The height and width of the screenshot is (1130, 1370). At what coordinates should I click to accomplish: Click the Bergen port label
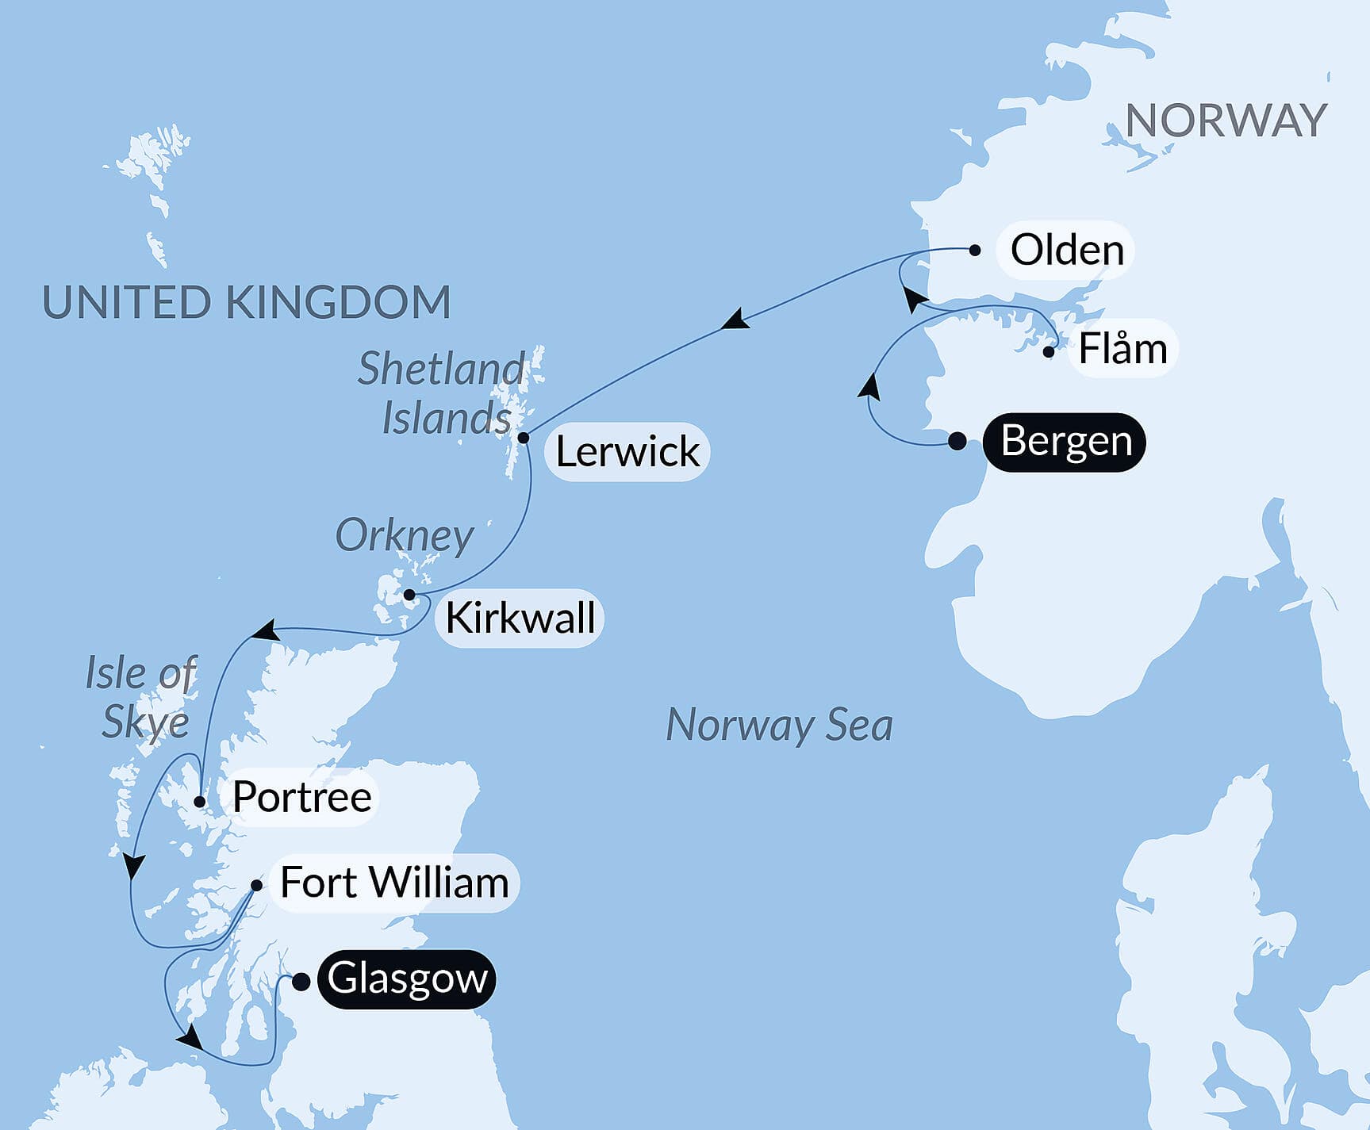coord(1065,442)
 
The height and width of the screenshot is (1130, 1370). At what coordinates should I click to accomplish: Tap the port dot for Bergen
coord(957,442)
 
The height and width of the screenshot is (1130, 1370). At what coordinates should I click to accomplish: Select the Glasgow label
coord(407,979)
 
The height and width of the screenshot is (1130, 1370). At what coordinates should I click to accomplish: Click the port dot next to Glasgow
coord(301,983)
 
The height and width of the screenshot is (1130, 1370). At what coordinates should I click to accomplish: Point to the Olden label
coord(1066,251)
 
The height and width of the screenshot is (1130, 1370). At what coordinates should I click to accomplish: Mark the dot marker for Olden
coord(975,250)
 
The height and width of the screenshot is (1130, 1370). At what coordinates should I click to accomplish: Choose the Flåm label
coord(1122,349)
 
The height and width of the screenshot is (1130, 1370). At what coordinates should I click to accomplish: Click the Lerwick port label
coord(627,452)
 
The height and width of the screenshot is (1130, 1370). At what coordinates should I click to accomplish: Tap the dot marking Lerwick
coord(524,438)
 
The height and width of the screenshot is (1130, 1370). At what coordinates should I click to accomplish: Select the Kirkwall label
coord(520,619)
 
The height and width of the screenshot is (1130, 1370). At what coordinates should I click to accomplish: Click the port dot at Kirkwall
coord(409,595)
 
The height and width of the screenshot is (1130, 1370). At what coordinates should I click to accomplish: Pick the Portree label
coord(301,797)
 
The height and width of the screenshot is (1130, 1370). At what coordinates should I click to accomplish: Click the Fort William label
coord(394,883)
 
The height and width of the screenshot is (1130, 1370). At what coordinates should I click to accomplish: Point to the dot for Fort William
coord(256,885)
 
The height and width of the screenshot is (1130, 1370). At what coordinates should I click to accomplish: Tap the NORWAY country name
coord(1226,121)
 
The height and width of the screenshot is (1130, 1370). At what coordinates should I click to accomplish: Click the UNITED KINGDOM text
coord(246,303)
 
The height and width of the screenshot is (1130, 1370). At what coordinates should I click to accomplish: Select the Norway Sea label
coord(779,726)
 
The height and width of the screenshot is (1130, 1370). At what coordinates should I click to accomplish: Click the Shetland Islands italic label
coord(443,394)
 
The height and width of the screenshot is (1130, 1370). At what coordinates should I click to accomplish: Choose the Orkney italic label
coord(405,537)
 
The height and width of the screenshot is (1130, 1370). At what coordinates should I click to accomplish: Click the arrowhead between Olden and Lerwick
coord(735,320)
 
